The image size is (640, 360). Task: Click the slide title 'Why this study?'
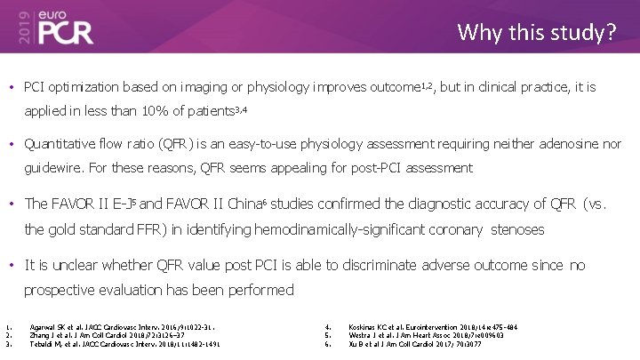pos(536,33)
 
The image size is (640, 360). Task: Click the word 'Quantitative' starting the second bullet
pos(60,142)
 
